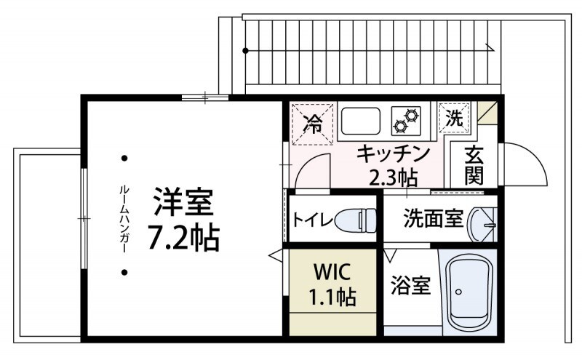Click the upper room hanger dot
[125, 158]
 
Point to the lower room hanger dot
[125, 273]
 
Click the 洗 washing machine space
[455, 119]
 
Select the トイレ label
[312, 219]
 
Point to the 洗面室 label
[423, 218]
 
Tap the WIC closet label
[333, 284]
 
